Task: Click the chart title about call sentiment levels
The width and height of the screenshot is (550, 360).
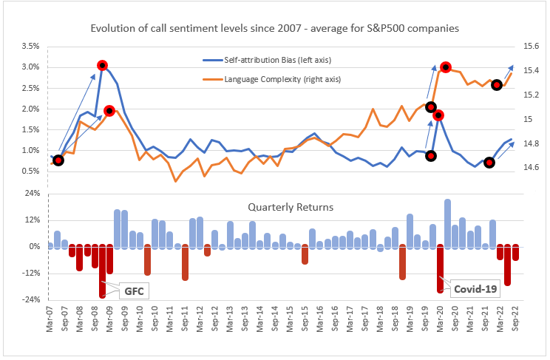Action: pos(274,29)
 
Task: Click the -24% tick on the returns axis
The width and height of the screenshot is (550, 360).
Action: pos(30,299)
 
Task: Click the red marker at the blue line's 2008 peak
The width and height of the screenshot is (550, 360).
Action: pos(102,65)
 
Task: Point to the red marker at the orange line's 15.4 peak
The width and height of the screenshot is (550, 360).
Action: pos(446,67)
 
